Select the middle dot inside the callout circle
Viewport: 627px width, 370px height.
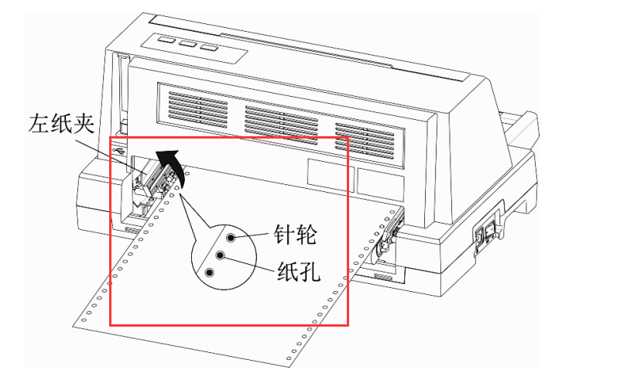(x=221, y=255)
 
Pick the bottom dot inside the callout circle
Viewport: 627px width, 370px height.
(x=210, y=272)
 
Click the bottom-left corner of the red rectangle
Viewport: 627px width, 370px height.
(x=110, y=325)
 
